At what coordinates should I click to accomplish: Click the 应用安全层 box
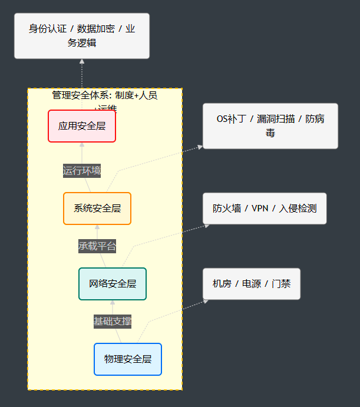pyautogui.click(x=82, y=125)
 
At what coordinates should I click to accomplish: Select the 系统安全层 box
pyautogui.click(x=97, y=208)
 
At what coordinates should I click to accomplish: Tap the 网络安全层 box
pyautogui.click(x=113, y=283)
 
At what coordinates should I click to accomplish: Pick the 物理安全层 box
pyautogui.click(x=128, y=359)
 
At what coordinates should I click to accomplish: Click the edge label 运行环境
pyautogui.click(x=82, y=171)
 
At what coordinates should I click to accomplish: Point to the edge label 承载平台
pyautogui.click(x=97, y=246)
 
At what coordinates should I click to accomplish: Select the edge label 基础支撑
pyautogui.click(x=113, y=321)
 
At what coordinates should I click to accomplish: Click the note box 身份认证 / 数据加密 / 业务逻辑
pyautogui.click(x=82, y=36)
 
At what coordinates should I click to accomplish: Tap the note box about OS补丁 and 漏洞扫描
pyautogui.click(x=270, y=125)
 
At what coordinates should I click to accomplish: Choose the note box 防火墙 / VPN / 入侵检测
pyautogui.click(x=265, y=208)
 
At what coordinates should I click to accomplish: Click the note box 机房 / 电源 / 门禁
pyautogui.click(x=252, y=283)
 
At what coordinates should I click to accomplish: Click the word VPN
pyautogui.click(x=260, y=208)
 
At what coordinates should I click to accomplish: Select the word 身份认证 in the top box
pyautogui.click(x=48, y=29)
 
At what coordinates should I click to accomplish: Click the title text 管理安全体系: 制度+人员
pyautogui.click(x=105, y=95)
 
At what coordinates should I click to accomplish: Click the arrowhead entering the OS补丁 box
pyautogui.click(x=200, y=147)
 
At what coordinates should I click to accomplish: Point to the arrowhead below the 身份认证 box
pyautogui.click(x=82, y=61)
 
